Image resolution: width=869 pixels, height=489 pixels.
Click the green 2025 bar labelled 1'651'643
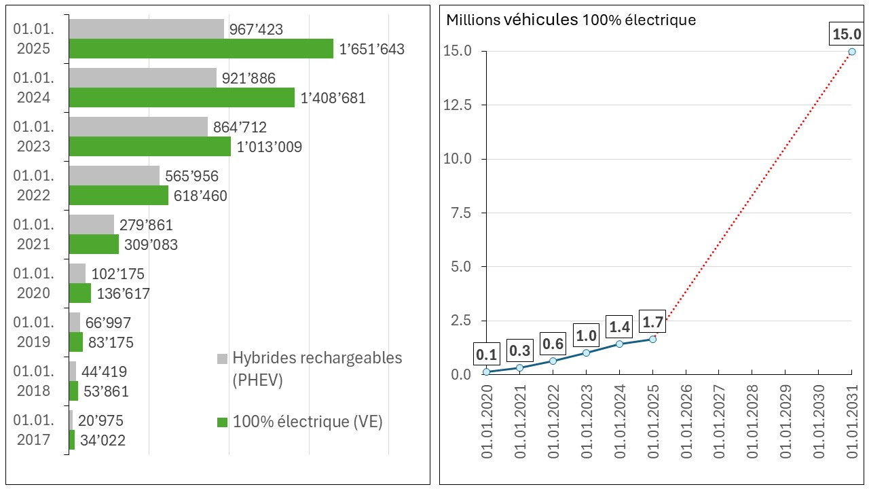[x=201, y=49]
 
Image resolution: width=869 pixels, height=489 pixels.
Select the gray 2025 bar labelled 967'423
[x=146, y=29]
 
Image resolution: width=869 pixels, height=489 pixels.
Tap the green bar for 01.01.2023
[x=149, y=147]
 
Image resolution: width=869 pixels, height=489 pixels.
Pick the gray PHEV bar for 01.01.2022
[x=114, y=176]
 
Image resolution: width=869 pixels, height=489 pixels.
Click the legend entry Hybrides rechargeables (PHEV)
[x=317, y=369]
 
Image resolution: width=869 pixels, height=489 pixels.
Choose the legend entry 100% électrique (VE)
[x=308, y=422]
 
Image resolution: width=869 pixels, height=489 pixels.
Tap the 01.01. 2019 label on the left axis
[x=33, y=332]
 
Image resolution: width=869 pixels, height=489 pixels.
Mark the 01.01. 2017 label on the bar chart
[x=33, y=430]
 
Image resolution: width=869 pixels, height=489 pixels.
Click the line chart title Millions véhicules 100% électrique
[x=570, y=20]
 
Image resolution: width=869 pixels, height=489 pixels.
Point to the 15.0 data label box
[x=846, y=34]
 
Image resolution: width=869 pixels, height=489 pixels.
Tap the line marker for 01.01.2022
[x=553, y=361]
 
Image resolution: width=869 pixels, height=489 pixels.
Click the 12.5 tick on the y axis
[x=457, y=105]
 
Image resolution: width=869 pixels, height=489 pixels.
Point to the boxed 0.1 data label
[x=486, y=354]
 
